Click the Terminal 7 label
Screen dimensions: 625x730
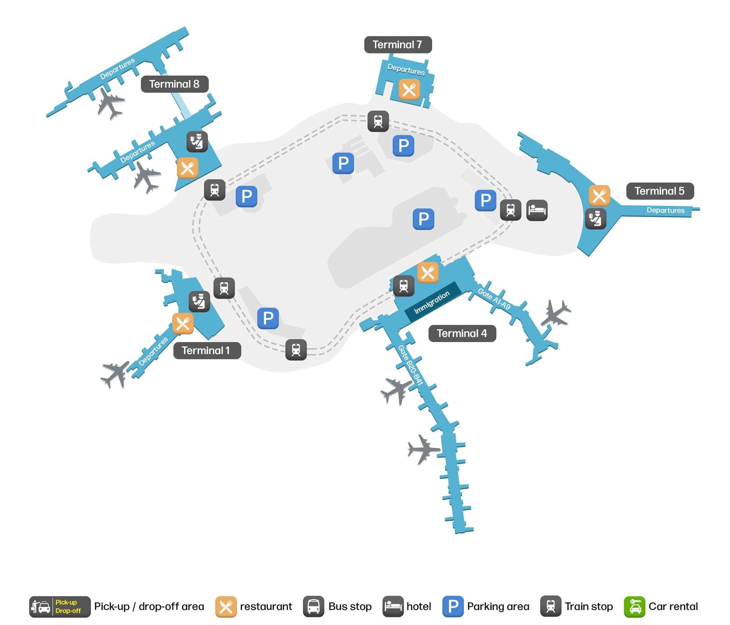pos(397,45)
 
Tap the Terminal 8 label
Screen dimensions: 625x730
pos(174,84)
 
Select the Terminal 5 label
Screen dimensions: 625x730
pos(660,191)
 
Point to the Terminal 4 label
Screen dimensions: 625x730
pos(462,333)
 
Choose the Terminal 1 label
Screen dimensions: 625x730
pos(207,350)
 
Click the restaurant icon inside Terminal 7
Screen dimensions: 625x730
pos(409,89)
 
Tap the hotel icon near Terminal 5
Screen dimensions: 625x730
pos(537,210)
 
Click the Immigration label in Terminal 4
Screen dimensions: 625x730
pos(432,302)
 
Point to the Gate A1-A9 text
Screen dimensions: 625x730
pos(494,299)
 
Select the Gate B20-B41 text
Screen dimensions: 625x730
pos(410,365)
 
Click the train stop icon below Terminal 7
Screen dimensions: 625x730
pos(378,121)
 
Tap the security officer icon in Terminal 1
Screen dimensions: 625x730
pos(199,302)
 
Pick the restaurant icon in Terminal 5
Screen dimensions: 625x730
pos(599,196)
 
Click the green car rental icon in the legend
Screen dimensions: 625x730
pos(634,606)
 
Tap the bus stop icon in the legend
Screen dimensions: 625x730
pos(314,606)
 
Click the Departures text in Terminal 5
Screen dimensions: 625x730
pos(665,210)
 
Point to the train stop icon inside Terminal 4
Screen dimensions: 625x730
pos(404,285)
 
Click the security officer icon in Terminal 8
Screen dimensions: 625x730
pos(197,142)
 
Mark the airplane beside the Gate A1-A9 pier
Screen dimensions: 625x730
pos(556,313)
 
